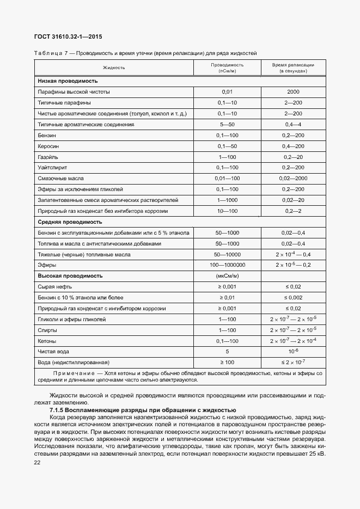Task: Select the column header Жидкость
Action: coord(114,68)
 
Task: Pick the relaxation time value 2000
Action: coord(293,91)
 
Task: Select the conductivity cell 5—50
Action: coord(227,125)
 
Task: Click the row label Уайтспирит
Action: coord(52,168)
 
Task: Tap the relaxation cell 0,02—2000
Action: coord(293,179)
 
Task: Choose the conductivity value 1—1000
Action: coord(227,200)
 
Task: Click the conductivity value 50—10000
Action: coord(227,254)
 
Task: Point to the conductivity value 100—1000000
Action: coord(227,265)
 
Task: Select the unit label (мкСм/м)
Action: coord(227,276)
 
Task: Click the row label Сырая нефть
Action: coord(54,287)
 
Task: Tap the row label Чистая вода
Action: coord(53,351)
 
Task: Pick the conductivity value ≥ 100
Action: coord(227,362)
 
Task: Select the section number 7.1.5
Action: coord(59,410)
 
